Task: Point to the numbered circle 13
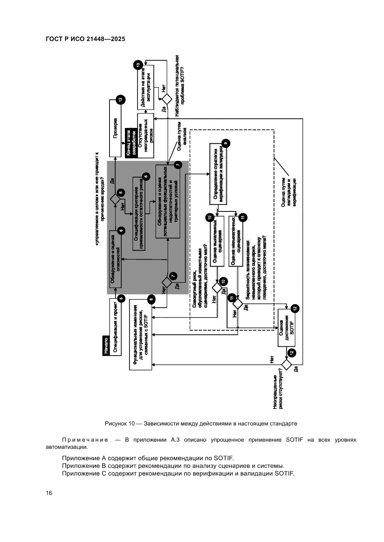pos(137,65)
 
